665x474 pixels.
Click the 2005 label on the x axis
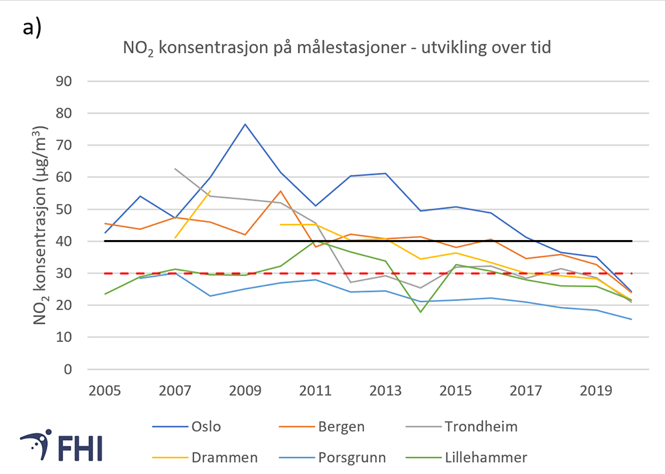pos(105,390)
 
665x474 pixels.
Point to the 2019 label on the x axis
pos(596,390)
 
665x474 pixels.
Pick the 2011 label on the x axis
pos(315,390)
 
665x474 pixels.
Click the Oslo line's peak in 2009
pos(245,124)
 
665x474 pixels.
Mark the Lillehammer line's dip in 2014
pos(420,312)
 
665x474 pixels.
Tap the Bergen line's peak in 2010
pos(280,191)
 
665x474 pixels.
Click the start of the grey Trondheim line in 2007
pos(175,169)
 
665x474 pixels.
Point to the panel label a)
pos(32,27)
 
